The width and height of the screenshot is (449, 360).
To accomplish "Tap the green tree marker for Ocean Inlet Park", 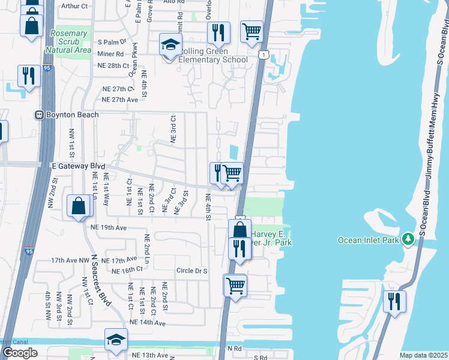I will [x=408, y=239].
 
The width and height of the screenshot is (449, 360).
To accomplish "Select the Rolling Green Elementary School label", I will [x=213, y=59].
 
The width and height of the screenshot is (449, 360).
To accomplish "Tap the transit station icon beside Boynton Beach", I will [x=39, y=115].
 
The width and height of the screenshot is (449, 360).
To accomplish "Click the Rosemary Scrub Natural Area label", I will [x=71, y=41].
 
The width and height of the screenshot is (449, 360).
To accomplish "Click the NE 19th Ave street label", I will [x=109, y=228].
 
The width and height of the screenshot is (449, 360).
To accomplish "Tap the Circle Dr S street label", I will [x=191, y=271].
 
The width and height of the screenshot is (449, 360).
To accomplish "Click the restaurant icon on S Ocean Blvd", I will [x=394, y=301].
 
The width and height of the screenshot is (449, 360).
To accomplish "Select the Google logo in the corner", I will [x=19, y=353].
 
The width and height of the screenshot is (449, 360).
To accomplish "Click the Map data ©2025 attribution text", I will [x=424, y=355].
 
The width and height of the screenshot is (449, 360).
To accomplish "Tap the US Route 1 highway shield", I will [x=264, y=55].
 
